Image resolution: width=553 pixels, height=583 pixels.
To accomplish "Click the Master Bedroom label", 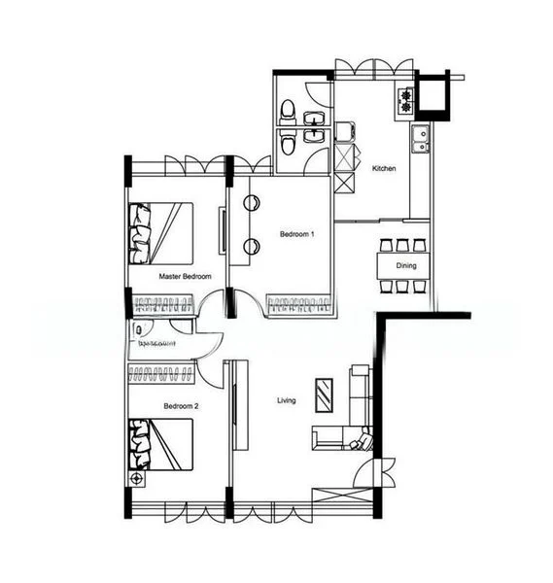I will [185, 277].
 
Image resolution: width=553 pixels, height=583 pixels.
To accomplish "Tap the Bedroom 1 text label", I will [296, 234].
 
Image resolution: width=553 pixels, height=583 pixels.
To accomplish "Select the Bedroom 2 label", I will [181, 405].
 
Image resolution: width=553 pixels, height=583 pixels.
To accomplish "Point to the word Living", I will [287, 400].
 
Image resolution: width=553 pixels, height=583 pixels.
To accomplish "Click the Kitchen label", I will [385, 169].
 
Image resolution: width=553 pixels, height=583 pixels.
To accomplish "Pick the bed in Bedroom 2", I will [161, 444].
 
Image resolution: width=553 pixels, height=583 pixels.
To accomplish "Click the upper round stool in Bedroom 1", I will [250, 204].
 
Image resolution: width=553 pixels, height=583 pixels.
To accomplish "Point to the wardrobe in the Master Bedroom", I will [160, 305].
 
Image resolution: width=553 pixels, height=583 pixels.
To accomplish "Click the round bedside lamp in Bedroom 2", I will [137, 479].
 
